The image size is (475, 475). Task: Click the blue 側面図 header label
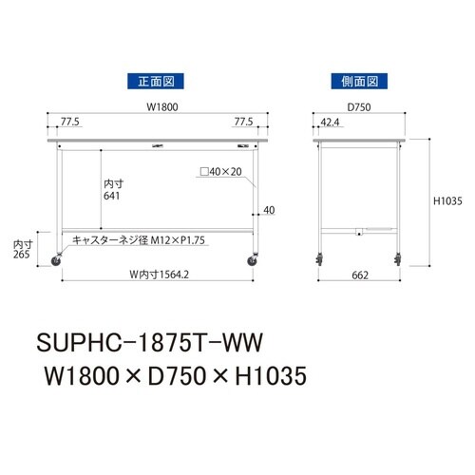[x=356, y=81]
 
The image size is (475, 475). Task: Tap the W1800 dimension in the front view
[x=158, y=107]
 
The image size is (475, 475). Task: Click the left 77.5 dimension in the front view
[x=69, y=123]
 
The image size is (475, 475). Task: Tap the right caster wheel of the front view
[x=254, y=259]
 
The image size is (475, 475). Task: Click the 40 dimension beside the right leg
[x=268, y=210]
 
